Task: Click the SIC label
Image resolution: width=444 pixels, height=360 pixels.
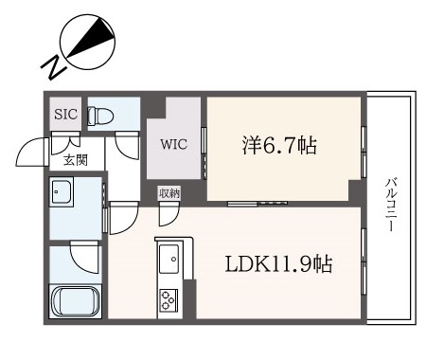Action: click(x=65, y=114)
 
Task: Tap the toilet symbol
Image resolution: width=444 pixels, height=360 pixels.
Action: click(x=100, y=116)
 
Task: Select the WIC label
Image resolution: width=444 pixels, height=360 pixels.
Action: click(x=173, y=144)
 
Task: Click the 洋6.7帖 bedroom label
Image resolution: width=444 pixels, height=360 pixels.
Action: click(x=279, y=145)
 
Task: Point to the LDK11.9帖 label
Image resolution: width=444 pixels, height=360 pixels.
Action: click(x=278, y=264)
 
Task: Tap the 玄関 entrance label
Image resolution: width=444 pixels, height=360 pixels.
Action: click(x=76, y=161)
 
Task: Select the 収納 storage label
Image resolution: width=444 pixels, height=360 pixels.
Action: click(x=169, y=192)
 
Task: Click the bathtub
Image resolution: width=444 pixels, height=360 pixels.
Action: click(x=75, y=301)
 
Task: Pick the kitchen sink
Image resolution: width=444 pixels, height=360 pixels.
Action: click(x=169, y=259)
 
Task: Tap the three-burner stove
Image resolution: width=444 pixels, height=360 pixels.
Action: click(x=169, y=299)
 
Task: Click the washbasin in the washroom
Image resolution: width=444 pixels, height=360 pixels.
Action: click(x=62, y=192)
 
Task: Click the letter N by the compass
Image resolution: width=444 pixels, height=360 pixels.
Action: click(x=53, y=67)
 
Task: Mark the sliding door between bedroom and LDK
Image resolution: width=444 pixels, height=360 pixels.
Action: click(x=258, y=204)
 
